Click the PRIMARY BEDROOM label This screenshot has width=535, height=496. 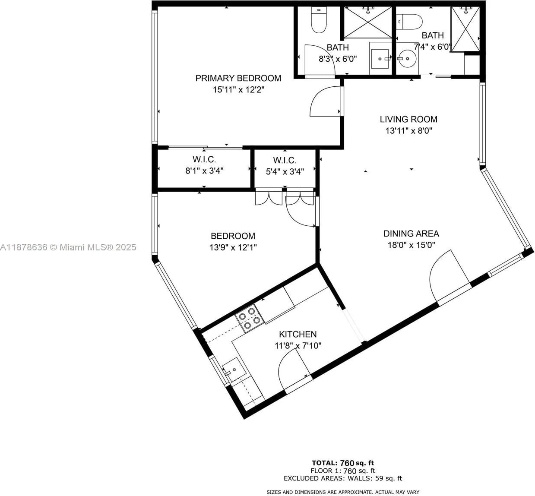(x=238, y=78)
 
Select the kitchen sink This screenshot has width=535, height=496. (x=234, y=370)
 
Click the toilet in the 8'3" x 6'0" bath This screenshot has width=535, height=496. (x=319, y=20)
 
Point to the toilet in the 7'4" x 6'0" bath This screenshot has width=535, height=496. (x=409, y=22)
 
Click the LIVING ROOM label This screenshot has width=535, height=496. (x=408, y=119)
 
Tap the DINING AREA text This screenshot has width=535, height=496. (x=411, y=234)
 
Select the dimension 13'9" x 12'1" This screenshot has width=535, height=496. (x=233, y=247)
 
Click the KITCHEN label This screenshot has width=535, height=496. (x=298, y=335)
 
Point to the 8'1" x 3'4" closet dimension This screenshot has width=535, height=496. (x=204, y=171)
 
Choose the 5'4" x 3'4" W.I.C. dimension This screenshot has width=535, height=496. (x=285, y=172)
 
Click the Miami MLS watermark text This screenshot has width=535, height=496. (x=68, y=247)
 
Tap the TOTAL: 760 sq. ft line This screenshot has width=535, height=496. (x=343, y=463)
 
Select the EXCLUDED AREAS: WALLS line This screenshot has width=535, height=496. (x=343, y=478)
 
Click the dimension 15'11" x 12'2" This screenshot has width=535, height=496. (x=239, y=90)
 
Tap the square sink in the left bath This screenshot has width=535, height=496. (x=380, y=59)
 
